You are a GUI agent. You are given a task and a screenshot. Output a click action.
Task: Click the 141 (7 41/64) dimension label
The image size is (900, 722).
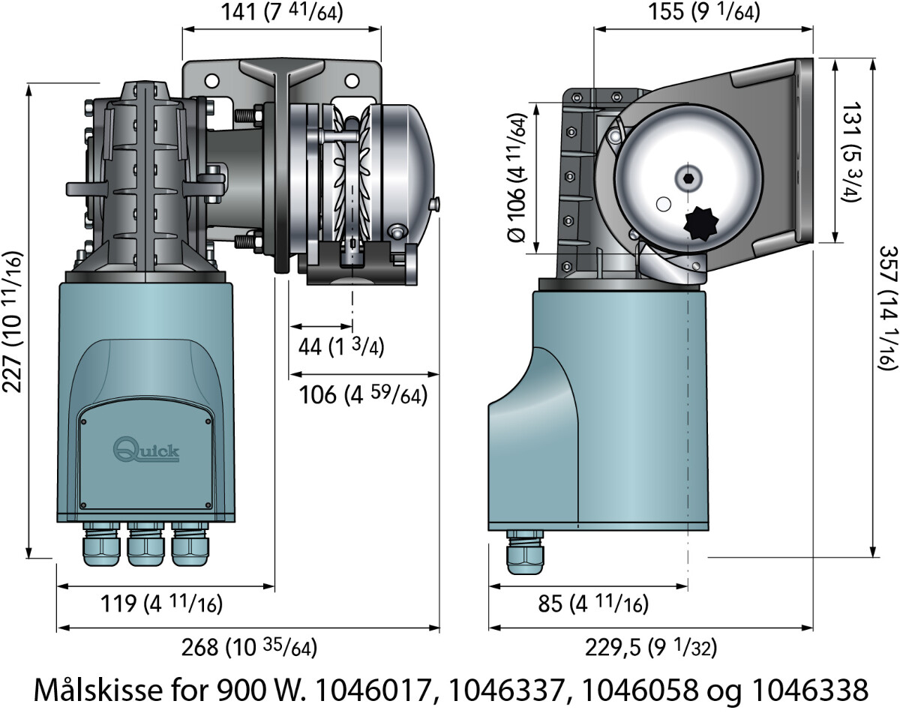tap(283, 13)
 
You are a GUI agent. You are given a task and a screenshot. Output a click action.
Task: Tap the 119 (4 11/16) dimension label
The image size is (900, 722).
tap(163, 604)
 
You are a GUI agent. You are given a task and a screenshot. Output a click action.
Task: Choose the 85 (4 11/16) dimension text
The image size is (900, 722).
tap(593, 604)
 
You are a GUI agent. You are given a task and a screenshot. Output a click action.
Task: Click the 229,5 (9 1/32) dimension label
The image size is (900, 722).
tap(650, 647)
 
